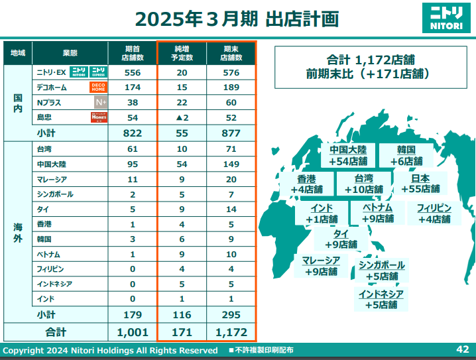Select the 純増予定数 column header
point(181,53)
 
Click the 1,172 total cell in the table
point(231,331)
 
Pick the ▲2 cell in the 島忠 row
point(181,117)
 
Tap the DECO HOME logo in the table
point(98,88)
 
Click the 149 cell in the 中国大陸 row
point(231,164)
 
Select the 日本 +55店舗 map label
point(420,184)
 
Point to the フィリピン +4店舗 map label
point(434,213)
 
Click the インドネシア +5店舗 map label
point(381,299)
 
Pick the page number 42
point(463,349)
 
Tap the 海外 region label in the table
point(18,233)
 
